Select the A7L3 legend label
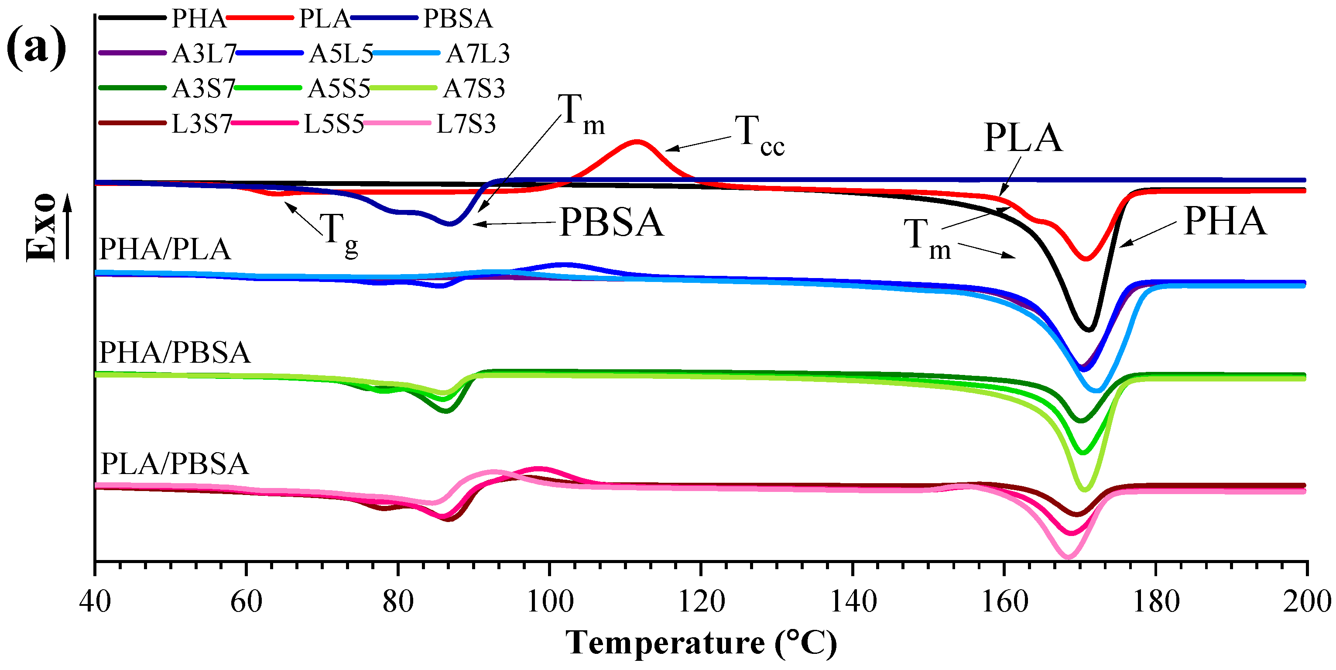tap(478, 54)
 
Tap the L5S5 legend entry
tap(333, 124)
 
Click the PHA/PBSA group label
tap(175, 354)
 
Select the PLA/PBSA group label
tap(175, 464)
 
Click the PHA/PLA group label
tap(165, 250)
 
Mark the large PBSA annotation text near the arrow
tap(611, 223)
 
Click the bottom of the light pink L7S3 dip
tap(1067, 557)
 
